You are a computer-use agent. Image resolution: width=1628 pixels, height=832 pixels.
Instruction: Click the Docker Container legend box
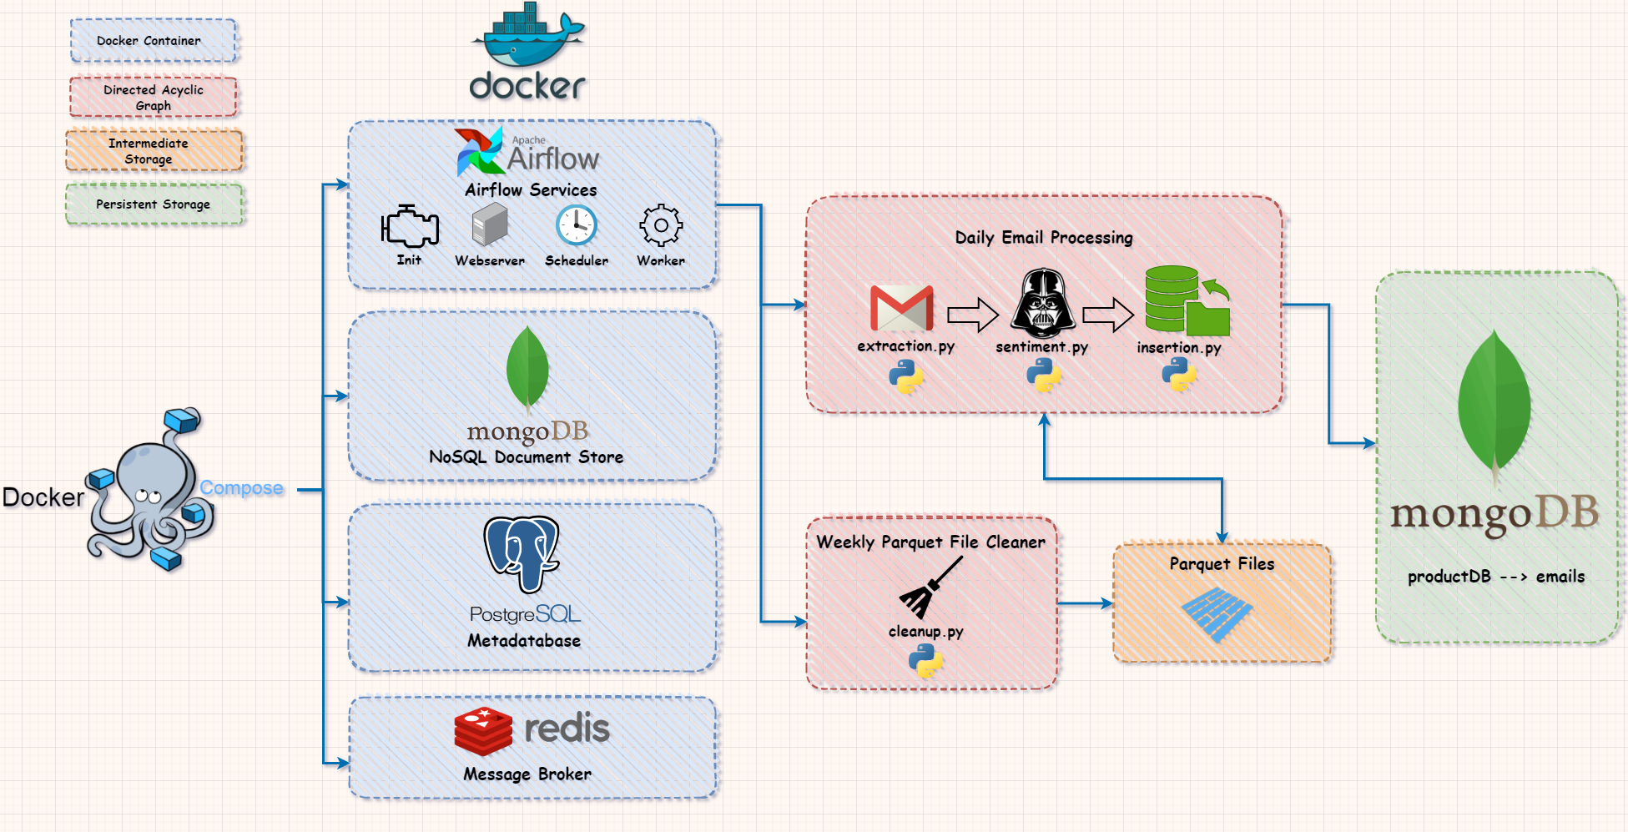[x=154, y=41]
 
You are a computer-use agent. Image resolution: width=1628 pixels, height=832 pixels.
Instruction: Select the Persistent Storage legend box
[x=154, y=204]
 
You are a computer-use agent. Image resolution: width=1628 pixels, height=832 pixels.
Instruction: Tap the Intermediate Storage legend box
[x=154, y=151]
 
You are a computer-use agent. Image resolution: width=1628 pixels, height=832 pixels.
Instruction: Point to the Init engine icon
[x=410, y=226]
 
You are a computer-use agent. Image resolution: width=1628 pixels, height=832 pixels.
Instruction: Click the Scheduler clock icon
[x=577, y=225]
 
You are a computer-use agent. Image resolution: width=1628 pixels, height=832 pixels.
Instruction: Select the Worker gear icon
[x=661, y=225]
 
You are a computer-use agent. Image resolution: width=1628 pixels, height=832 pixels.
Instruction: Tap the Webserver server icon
[x=490, y=225]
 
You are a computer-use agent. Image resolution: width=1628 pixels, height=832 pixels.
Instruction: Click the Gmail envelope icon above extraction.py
[x=901, y=308]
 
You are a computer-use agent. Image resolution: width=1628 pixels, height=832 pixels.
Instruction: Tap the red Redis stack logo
[x=483, y=731]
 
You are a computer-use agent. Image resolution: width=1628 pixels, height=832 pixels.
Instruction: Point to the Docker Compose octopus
[x=150, y=492]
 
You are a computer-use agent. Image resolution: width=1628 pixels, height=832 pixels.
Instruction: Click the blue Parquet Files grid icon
[x=1217, y=613]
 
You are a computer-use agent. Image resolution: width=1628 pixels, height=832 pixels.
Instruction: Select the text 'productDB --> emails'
[x=1495, y=577]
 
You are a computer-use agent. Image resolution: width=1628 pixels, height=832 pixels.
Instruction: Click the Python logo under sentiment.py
[x=1043, y=376]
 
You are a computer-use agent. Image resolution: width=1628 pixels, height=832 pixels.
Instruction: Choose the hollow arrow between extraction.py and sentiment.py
[x=973, y=315]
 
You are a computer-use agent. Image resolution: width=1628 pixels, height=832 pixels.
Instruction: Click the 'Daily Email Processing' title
[x=1044, y=238]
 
